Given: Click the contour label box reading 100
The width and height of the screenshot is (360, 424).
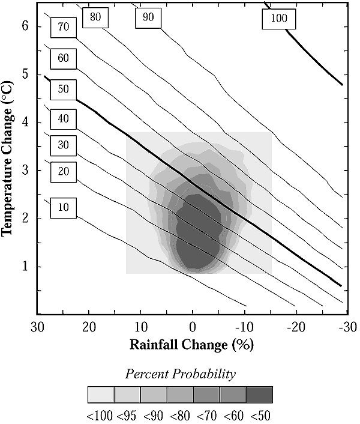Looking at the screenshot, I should [279, 19].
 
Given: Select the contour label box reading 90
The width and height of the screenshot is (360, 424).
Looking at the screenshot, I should [148, 17].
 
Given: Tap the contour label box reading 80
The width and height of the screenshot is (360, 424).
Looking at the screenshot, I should [95, 17].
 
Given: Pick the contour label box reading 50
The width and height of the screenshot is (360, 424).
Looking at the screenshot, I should [63, 89].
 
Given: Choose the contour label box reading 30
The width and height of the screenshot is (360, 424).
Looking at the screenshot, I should [63, 144].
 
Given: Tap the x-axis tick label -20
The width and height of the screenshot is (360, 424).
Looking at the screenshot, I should [296, 328].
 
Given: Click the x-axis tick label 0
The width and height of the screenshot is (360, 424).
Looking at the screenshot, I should [193, 328].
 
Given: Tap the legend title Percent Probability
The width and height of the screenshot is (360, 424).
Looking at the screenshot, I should [180, 374].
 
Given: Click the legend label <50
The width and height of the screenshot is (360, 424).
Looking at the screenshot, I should [261, 415].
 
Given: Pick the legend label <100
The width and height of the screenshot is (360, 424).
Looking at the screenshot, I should [100, 415].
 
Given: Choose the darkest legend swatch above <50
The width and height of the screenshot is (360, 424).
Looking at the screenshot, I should [259, 395].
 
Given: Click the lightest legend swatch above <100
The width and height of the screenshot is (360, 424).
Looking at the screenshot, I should [101, 395].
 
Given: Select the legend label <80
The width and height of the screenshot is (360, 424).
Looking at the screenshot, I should [179, 415].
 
